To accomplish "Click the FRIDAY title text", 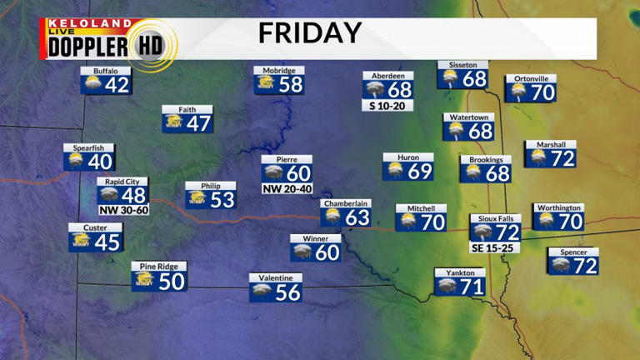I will [309, 33].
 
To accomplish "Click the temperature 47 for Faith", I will [200, 123].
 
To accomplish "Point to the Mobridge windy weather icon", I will [266, 85].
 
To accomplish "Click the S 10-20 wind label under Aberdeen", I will [387, 106].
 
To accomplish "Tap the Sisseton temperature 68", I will [474, 79].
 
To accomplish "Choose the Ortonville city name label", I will [531, 78].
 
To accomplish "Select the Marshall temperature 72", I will [563, 157].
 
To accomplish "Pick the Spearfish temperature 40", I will [100, 162].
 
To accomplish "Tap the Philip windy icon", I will [197, 200].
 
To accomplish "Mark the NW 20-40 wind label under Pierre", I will [287, 188].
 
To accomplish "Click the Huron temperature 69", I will [420, 172].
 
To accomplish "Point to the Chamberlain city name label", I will [346, 203].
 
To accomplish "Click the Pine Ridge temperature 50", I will [171, 282].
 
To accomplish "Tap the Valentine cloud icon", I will [262, 292].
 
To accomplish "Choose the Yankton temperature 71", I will [472, 287].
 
